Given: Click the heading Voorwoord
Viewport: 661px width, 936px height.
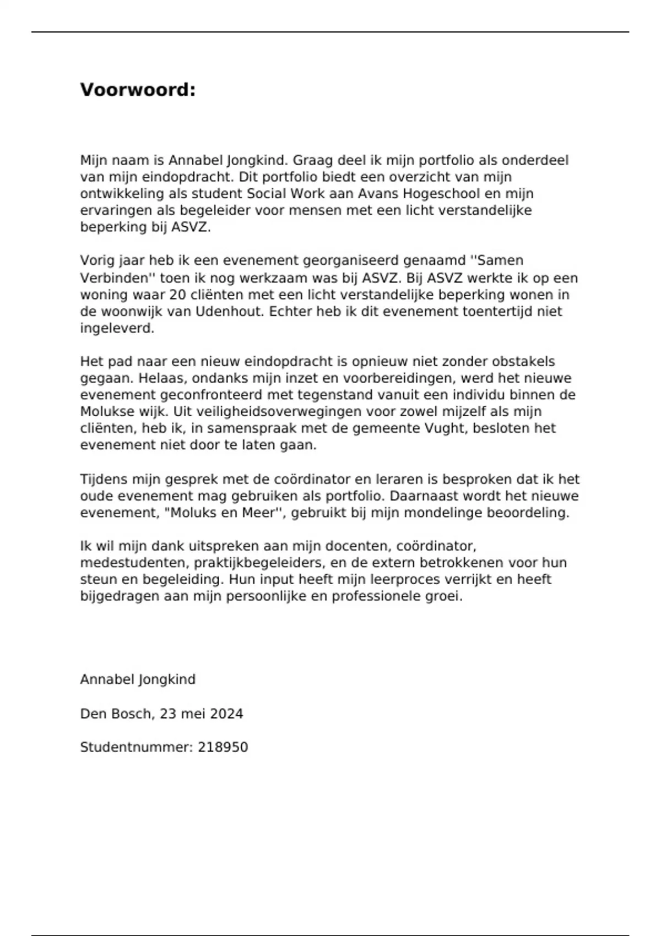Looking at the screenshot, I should coord(138,90).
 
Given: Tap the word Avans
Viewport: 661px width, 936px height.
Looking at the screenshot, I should coord(377,194).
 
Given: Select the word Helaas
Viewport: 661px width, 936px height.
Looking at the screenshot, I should coord(158,378).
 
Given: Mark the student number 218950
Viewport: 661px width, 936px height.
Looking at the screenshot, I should coord(223,747).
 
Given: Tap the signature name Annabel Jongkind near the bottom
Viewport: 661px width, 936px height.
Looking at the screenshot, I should coord(138,679).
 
